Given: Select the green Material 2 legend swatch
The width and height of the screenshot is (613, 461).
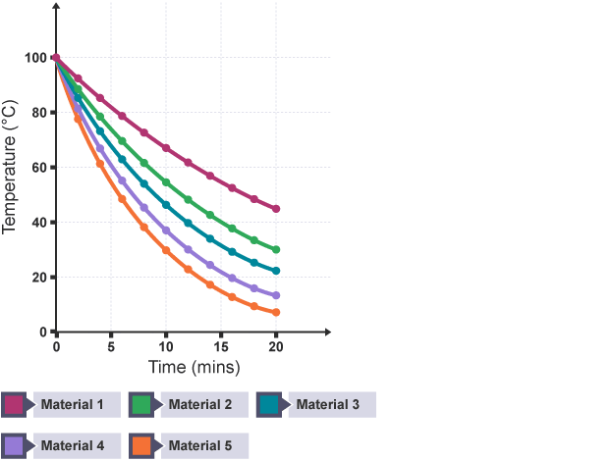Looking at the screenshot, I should pyautogui.click(x=141, y=404).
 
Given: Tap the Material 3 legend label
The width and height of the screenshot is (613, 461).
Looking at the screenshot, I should pyautogui.click(x=328, y=404).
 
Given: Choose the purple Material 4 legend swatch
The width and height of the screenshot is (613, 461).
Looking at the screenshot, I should pyautogui.click(x=14, y=445).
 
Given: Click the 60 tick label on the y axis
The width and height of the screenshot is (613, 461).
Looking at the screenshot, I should pyautogui.click(x=35, y=168).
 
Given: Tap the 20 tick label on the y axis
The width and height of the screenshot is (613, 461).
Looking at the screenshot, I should pyautogui.click(x=35, y=278).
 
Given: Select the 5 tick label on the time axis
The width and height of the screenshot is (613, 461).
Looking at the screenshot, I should pyautogui.click(x=111, y=347).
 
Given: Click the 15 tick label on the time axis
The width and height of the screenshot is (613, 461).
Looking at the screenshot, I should pyautogui.click(x=221, y=347).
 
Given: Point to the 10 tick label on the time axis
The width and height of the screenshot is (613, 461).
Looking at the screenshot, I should pyautogui.click(x=166, y=347).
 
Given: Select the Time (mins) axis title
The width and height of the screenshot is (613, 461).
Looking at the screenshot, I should pyautogui.click(x=195, y=367).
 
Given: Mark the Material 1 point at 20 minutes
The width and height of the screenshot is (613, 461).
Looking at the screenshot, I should pyautogui.click(x=276, y=209).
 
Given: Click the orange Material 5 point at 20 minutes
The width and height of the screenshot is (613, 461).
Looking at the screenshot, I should pyautogui.click(x=276, y=313).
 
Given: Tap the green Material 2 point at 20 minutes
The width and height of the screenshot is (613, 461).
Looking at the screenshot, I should pyautogui.click(x=276, y=250).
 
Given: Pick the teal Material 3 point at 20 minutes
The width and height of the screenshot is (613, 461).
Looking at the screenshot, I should pyautogui.click(x=276, y=271).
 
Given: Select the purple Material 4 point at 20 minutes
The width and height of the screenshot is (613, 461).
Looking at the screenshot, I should pyautogui.click(x=276, y=295).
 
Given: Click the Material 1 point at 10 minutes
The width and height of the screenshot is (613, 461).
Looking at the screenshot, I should pyautogui.click(x=166, y=148).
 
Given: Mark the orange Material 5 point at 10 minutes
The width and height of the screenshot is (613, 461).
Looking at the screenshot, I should pyautogui.click(x=166, y=251).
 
